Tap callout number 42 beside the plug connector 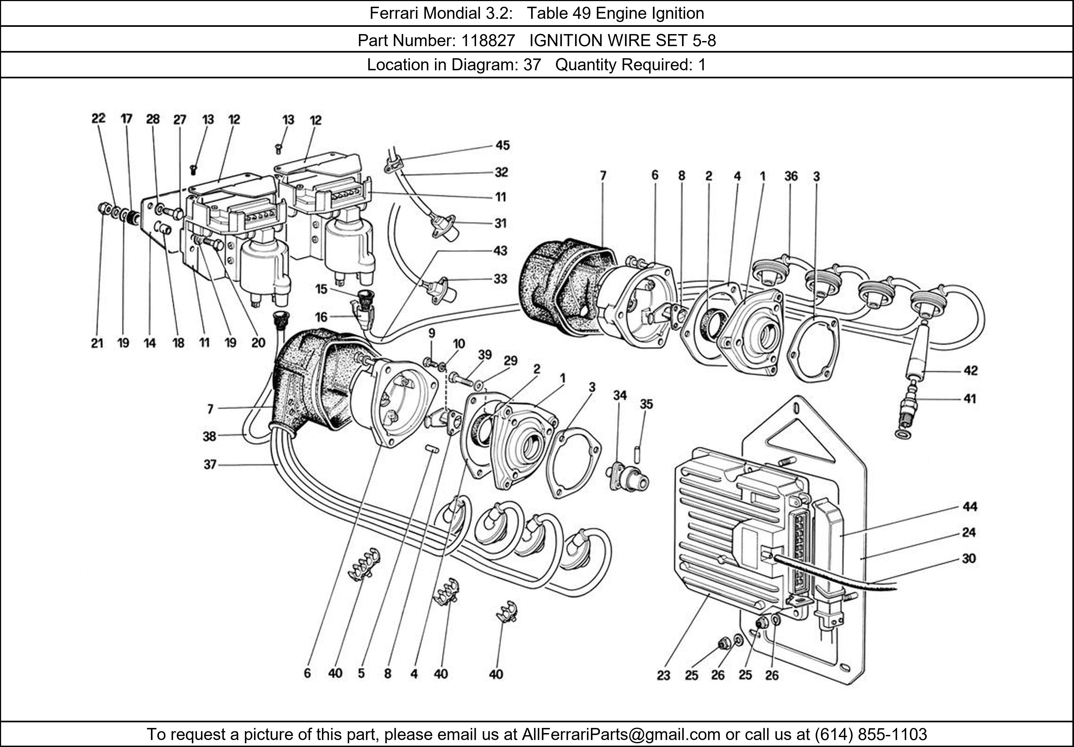click(x=971, y=371)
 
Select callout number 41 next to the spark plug click(x=970, y=399)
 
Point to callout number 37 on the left click(x=210, y=465)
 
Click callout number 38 click(x=209, y=436)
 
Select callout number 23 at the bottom click(x=663, y=675)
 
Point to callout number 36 click(x=791, y=176)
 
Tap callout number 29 click(x=510, y=361)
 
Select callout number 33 click(x=500, y=279)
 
